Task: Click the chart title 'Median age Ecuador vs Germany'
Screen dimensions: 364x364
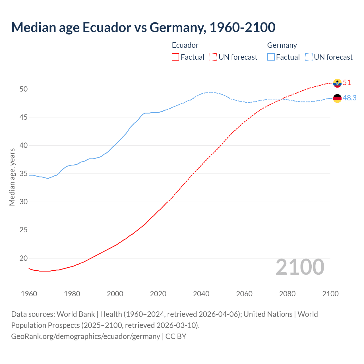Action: click(143, 27)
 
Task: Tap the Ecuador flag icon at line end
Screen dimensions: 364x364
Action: click(337, 83)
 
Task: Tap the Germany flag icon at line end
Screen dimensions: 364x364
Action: click(337, 98)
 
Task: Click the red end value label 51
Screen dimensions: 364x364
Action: click(347, 83)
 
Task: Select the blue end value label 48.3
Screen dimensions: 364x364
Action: click(349, 98)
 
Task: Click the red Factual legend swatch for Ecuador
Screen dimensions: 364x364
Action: click(175, 57)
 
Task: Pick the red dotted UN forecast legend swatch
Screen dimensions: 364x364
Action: click(213, 57)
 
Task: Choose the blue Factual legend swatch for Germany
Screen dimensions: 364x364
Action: click(271, 57)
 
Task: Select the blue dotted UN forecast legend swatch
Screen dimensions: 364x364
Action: click(309, 57)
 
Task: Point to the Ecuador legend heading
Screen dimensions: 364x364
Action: click(185, 45)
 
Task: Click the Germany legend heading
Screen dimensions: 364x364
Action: click(282, 45)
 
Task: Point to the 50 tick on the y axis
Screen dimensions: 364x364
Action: click(24, 89)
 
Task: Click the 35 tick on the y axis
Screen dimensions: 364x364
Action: click(24, 174)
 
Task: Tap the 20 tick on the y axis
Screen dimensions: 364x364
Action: click(24, 258)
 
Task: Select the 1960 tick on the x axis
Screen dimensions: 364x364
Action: click(29, 294)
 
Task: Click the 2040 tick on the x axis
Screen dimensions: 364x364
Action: click(201, 294)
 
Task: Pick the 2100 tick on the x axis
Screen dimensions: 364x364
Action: click(330, 294)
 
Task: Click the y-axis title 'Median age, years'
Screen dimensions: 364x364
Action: click(12, 177)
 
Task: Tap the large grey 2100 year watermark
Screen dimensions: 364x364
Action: click(300, 267)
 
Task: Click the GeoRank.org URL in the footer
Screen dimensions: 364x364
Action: click(86, 336)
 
